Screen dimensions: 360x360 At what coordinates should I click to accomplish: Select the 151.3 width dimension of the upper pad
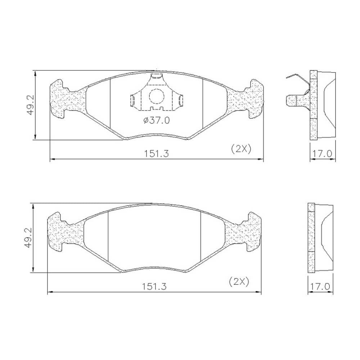[x=156, y=154]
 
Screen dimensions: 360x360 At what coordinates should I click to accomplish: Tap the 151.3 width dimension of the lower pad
[x=154, y=287]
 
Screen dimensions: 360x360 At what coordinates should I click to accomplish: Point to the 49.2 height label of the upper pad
[x=30, y=105]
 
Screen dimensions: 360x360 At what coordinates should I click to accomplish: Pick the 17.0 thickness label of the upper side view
[x=323, y=154]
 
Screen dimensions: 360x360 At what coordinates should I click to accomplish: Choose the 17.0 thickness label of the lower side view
[x=320, y=287]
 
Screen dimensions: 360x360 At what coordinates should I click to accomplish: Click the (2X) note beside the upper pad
[x=241, y=149]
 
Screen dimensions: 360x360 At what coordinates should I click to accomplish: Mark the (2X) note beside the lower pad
[x=239, y=282]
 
